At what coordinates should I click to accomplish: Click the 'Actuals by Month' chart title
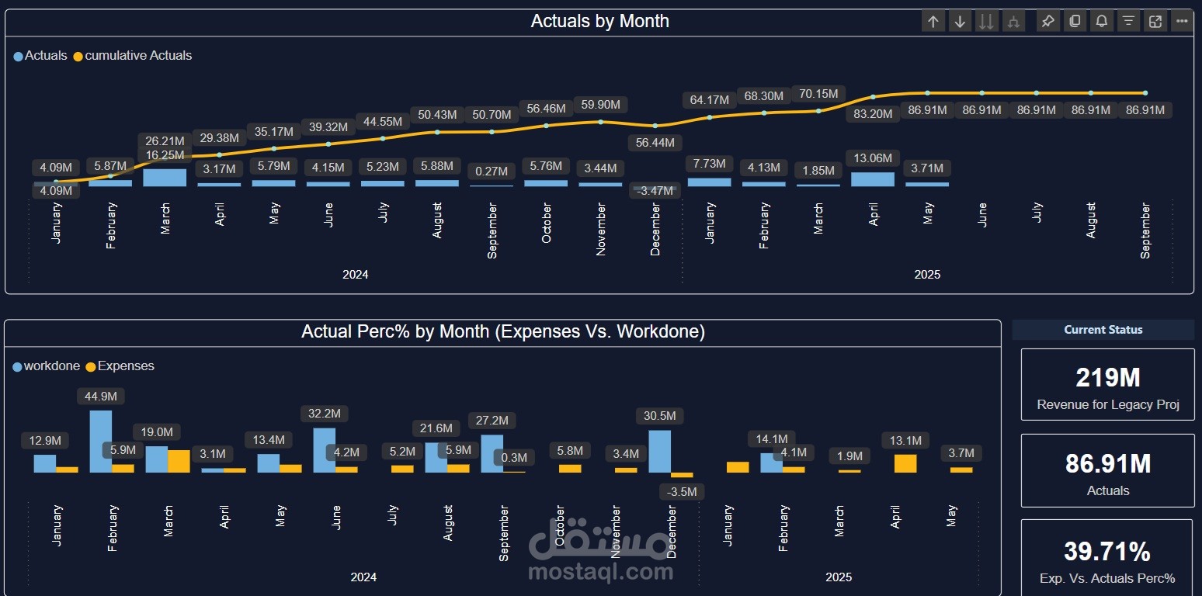pos(599,21)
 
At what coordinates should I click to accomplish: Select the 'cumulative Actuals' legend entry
pos(137,56)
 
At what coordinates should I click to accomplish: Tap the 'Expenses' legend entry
pos(125,366)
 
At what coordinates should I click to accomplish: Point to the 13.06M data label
pos(873,158)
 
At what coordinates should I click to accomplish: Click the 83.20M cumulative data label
pos(873,114)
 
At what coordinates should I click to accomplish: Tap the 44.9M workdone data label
pos(101,397)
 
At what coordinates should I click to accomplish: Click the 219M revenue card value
pos(1107,378)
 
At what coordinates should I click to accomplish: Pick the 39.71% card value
pos(1106,552)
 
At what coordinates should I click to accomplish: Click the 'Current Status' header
pos(1103,330)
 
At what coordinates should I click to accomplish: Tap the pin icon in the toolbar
pos(1047,22)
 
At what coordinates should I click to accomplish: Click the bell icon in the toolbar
pos(1101,22)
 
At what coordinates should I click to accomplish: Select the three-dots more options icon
pos(1182,22)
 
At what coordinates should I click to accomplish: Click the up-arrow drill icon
pos(933,22)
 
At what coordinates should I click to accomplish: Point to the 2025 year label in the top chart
pos(927,275)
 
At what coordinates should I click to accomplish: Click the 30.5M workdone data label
pos(660,416)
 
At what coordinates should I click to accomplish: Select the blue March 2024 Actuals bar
pos(165,178)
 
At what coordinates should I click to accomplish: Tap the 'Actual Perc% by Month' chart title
pos(503,332)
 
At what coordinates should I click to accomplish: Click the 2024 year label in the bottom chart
pos(363,577)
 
